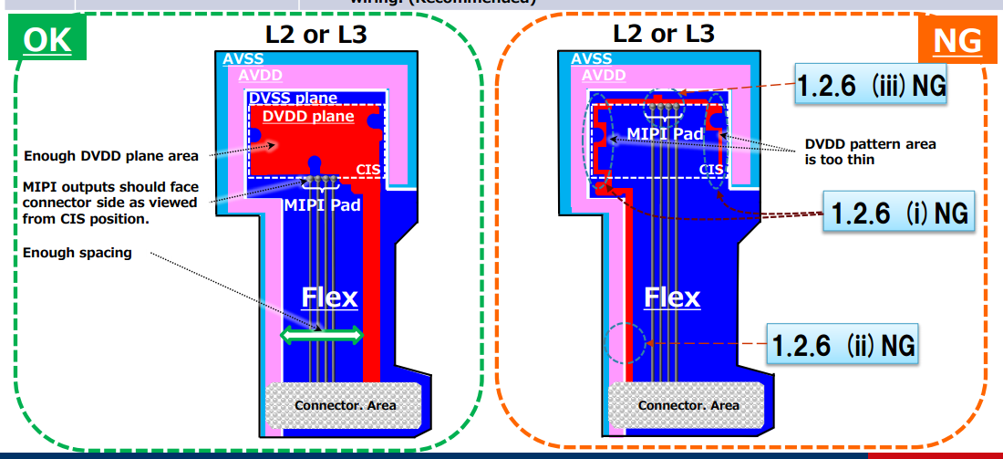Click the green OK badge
[x=47, y=39]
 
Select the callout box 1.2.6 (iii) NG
[x=871, y=87]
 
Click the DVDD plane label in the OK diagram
[x=308, y=117]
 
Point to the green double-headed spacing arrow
[x=322, y=336]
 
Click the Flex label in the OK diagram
[x=329, y=297]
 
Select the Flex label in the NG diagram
[x=672, y=297]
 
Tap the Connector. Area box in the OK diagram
[x=345, y=404]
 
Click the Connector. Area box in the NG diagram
[x=688, y=404]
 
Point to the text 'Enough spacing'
[x=78, y=253]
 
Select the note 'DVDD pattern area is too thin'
[x=871, y=151]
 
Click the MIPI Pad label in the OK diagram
[x=322, y=204]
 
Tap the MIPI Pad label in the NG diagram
[x=665, y=134]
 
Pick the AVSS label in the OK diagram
[x=240, y=59]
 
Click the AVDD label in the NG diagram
[x=604, y=76]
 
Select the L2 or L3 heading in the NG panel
[x=664, y=35]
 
